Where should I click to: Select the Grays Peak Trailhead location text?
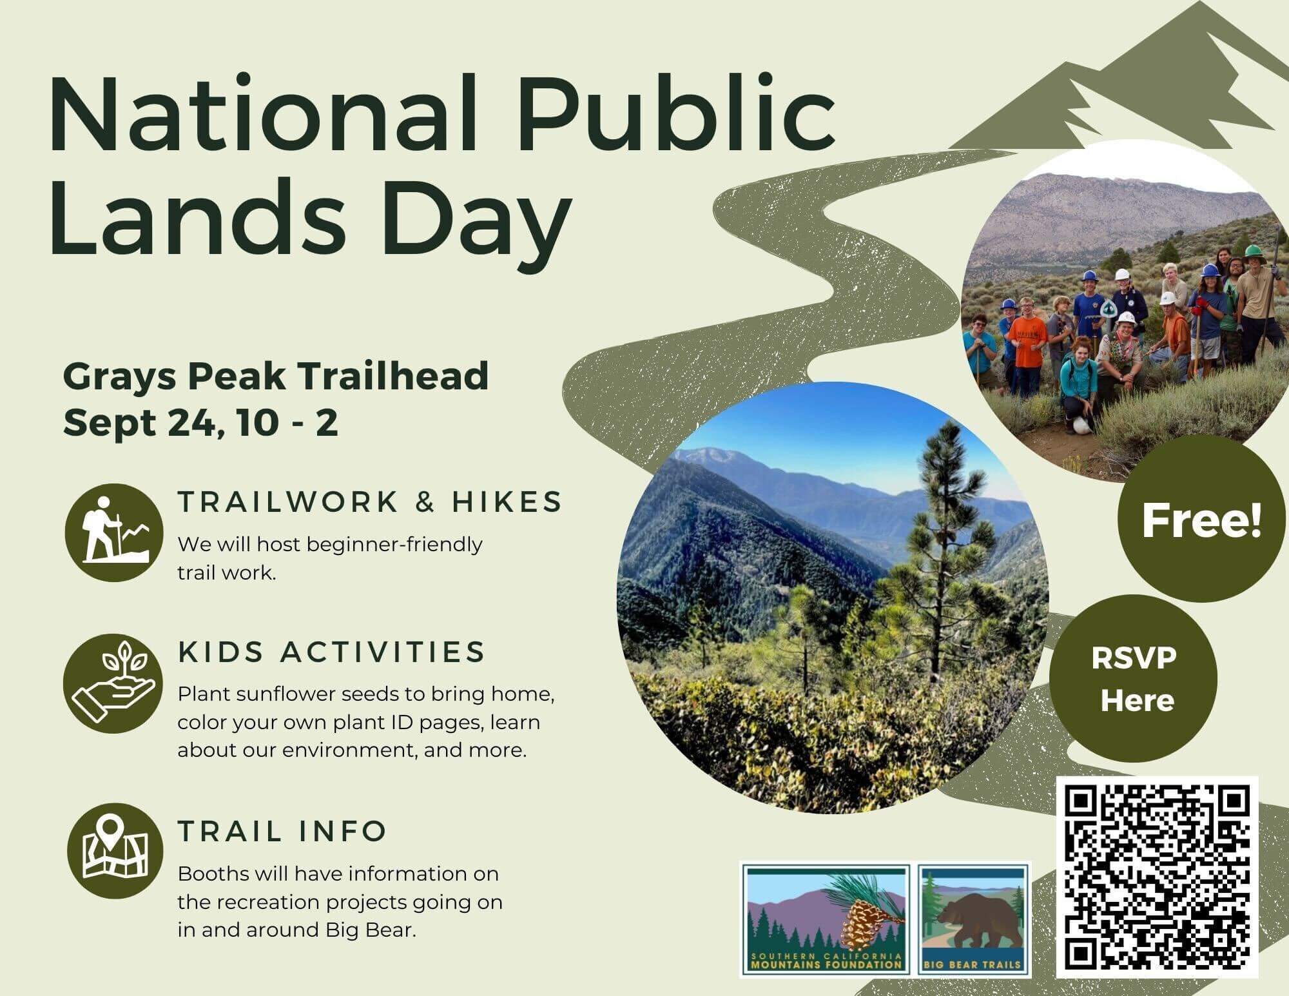tap(275, 376)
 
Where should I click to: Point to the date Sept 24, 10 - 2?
tap(200, 422)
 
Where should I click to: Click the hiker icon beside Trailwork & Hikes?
tap(113, 532)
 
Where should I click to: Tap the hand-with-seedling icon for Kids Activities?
tap(113, 684)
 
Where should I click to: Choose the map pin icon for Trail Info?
tap(115, 851)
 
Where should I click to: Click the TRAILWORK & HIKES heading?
tap(370, 502)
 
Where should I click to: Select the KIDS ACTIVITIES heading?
tap(331, 652)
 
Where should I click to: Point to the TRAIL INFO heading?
tap(282, 831)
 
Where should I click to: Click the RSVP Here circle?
tap(1133, 679)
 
